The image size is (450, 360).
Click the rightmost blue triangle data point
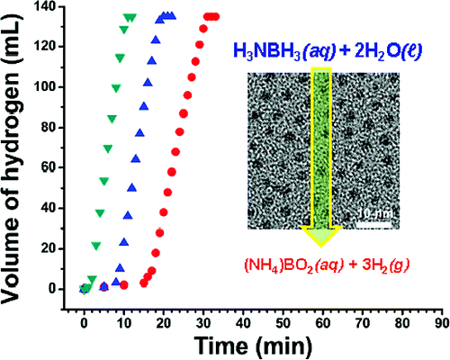[x=172, y=16]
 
